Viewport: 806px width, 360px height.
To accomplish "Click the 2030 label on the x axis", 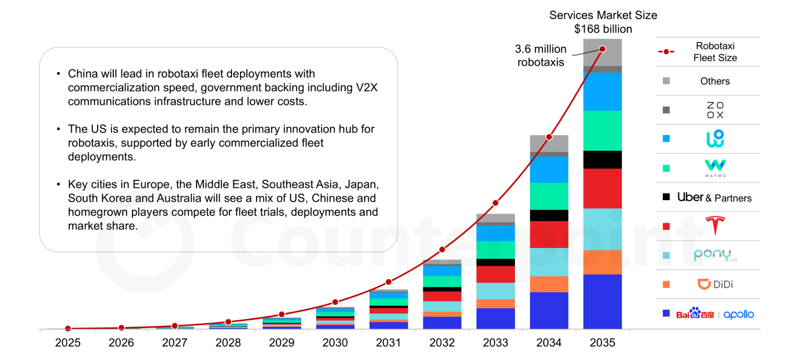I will click(x=335, y=342).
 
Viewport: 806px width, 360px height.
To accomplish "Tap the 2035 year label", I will click(x=602, y=342).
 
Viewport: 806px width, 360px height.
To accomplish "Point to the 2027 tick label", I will click(x=174, y=342).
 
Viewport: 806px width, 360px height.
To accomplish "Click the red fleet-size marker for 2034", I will click(x=549, y=137).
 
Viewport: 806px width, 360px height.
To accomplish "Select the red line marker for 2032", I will click(x=442, y=250).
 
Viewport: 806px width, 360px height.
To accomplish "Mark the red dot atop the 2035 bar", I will click(x=602, y=49).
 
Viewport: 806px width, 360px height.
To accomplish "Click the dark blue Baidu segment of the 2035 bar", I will click(x=602, y=301).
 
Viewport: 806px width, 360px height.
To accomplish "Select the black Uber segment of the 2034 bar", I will click(x=549, y=215).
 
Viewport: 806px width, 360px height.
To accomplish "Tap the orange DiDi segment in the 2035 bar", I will click(x=602, y=262).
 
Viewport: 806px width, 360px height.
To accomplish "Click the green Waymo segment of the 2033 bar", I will click(x=495, y=250).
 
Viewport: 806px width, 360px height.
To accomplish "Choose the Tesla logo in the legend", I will click(x=715, y=226).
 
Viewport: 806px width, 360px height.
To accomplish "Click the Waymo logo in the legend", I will click(x=715, y=168).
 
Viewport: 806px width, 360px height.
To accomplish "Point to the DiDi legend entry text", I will click(x=723, y=284).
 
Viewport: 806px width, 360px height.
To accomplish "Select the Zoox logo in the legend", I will click(x=715, y=110).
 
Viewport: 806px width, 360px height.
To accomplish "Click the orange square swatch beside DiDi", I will click(x=666, y=284).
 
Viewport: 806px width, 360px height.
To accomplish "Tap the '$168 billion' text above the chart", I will click(x=603, y=29).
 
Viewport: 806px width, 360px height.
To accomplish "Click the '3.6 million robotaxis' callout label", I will click(x=540, y=55).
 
